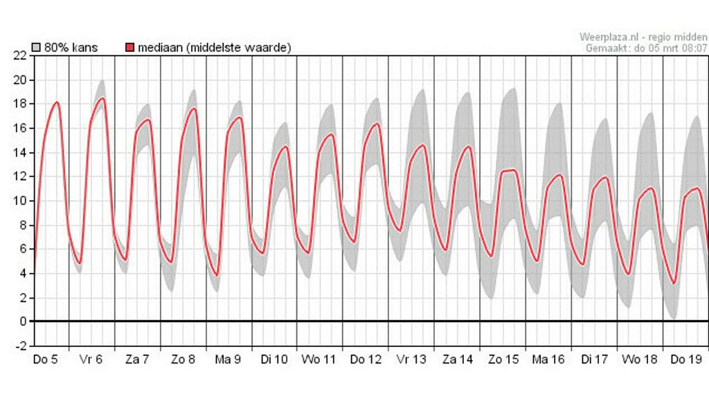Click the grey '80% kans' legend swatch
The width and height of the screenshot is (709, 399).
(37, 48)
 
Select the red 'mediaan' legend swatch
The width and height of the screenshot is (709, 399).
(130, 48)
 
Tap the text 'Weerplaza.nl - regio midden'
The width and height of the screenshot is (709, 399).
(643, 37)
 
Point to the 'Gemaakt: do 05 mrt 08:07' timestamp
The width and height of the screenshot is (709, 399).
(647, 48)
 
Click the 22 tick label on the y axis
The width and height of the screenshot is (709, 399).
(20, 56)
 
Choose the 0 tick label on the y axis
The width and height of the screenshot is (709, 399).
(23, 322)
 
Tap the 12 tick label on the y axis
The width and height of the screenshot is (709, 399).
(20, 177)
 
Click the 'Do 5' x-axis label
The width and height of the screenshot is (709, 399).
(46, 360)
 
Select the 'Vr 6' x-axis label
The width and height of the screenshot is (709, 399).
(91, 360)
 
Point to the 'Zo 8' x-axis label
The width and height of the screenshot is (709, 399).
(183, 360)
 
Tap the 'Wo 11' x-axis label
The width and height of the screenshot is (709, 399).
(318, 360)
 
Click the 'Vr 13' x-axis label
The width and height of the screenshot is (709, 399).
(411, 360)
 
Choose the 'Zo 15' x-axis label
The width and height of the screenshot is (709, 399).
(503, 360)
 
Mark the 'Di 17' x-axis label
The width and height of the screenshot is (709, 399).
(594, 360)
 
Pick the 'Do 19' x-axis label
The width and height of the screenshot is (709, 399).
(685, 360)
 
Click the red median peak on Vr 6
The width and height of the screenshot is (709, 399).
(102, 98)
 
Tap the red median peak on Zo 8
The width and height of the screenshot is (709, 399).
(194, 109)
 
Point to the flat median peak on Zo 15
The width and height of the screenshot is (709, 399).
(510, 170)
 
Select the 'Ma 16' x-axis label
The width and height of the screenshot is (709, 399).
(548, 360)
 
